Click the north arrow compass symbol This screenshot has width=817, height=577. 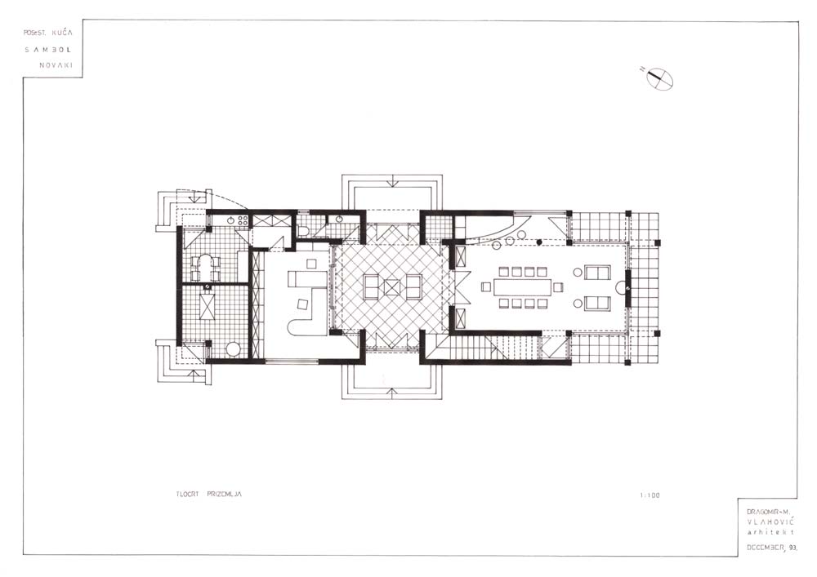659,78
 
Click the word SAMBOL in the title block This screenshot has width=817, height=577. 48,50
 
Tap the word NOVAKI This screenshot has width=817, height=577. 56,65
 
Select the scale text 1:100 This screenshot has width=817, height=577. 650,495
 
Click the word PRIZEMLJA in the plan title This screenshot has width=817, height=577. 224,494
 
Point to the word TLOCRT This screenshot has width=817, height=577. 187,494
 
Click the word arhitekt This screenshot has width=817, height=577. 770,532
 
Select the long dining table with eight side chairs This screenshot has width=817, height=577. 523,286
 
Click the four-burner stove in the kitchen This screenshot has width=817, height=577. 241,220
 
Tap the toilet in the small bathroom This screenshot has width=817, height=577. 303,231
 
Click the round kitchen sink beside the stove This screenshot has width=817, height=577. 230,220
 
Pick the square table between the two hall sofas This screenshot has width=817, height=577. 392,286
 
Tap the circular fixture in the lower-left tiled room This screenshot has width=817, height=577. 233,348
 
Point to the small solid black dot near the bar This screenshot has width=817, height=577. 540,242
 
